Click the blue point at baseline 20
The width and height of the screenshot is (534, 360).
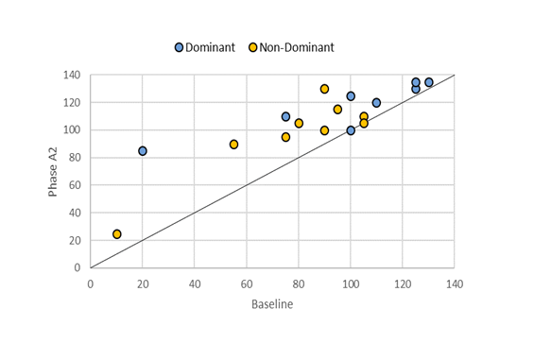click(x=143, y=151)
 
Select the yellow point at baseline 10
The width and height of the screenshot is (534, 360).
click(x=117, y=234)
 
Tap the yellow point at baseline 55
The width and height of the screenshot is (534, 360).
click(x=233, y=145)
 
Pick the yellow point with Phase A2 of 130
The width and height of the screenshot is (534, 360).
click(x=324, y=89)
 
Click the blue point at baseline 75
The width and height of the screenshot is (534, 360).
click(x=285, y=117)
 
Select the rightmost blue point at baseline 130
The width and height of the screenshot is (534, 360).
click(x=428, y=82)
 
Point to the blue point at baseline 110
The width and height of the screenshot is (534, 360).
click(x=376, y=103)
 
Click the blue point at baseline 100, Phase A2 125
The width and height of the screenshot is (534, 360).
click(x=351, y=96)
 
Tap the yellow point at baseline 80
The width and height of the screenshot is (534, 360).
click(x=299, y=124)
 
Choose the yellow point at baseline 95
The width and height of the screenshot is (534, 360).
click(x=337, y=110)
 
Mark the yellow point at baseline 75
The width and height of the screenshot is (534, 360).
click(x=285, y=137)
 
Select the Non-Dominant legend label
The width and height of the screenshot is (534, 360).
click(x=298, y=47)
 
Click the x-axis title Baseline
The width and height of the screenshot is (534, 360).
click(x=272, y=305)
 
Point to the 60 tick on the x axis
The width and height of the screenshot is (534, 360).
click(x=247, y=283)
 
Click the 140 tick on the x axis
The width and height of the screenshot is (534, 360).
click(x=455, y=283)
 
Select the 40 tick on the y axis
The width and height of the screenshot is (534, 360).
click(x=77, y=213)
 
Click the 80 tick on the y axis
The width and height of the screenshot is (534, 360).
click(x=77, y=158)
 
